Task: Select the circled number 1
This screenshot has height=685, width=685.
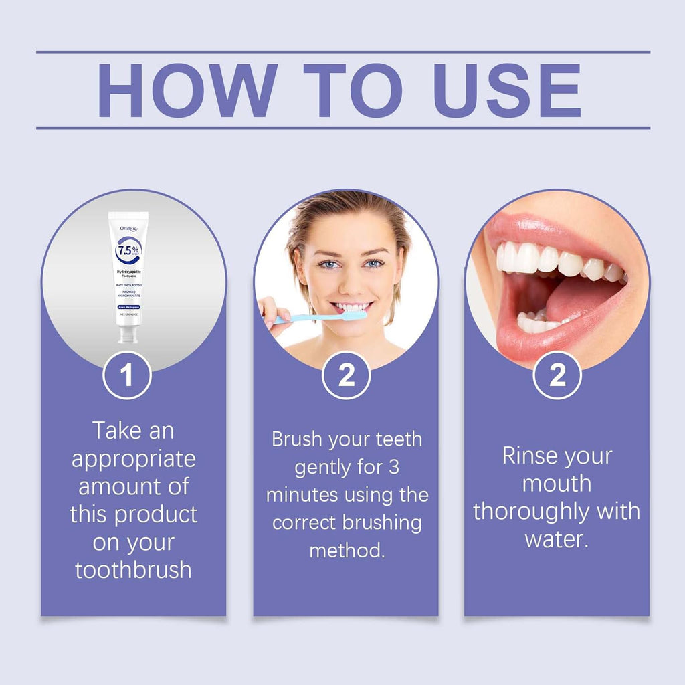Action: tap(127, 375)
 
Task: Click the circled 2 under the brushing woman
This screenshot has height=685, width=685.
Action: tap(347, 375)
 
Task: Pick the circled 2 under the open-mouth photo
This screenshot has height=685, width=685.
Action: tap(557, 375)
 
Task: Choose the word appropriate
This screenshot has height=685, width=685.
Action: tap(134, 460)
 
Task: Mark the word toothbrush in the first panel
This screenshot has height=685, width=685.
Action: tap(133, 570)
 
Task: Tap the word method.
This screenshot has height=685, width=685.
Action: tap(347, 550)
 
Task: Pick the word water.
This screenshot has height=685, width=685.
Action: tap(556, 539)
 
